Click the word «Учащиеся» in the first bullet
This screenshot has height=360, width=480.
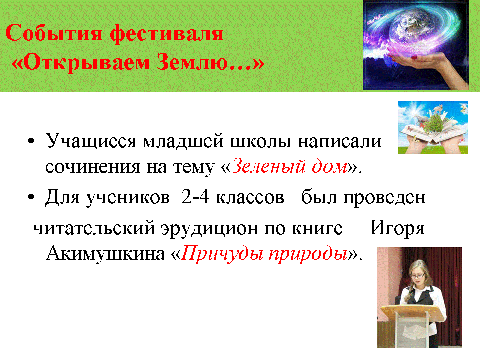point(91,141)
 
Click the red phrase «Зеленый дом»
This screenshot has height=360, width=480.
point(289,166)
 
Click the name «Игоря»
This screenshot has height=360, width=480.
point(397,228)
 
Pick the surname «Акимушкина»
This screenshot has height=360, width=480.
point(105,254)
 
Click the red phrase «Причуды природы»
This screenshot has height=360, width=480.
point(265,254)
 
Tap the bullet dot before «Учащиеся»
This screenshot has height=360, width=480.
point(31,141)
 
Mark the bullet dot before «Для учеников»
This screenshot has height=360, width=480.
point(31,197)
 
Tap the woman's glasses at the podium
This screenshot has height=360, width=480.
point(418,276)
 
